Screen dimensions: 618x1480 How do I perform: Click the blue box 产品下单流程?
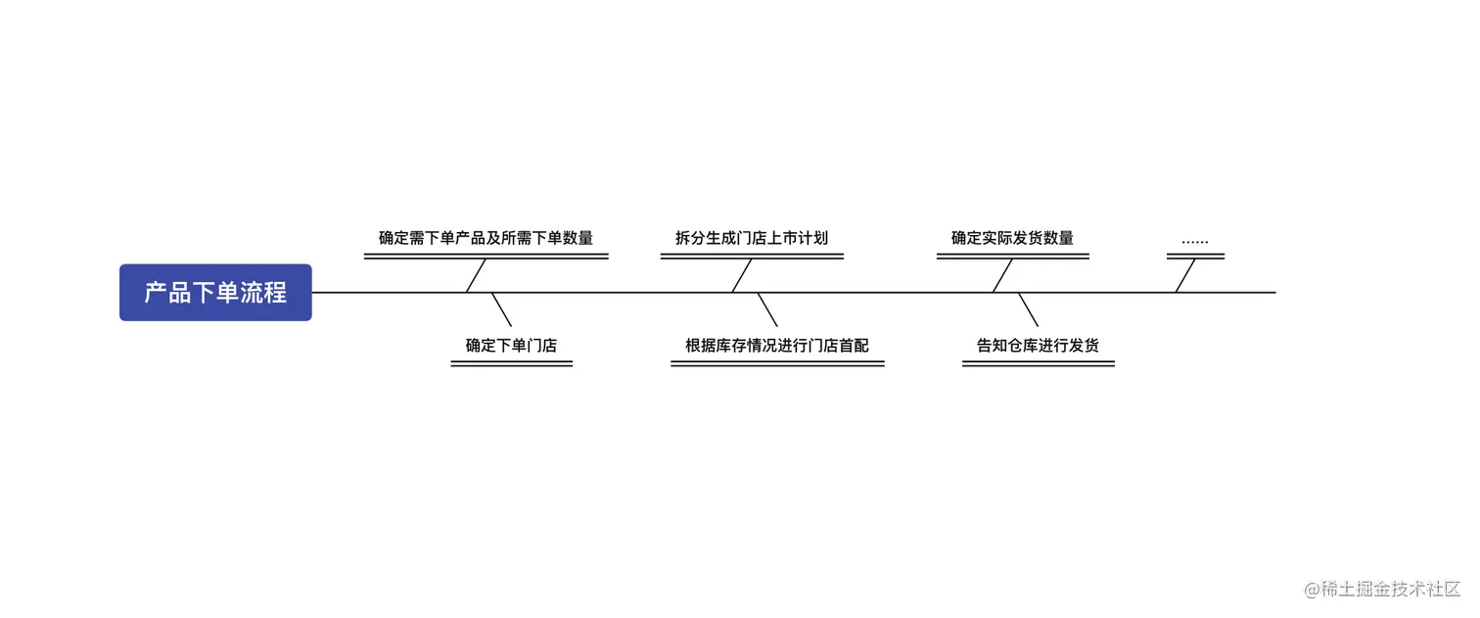(215, 292)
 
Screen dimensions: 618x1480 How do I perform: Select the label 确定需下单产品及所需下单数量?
(486, 238)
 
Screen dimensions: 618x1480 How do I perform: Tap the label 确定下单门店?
(511, 346)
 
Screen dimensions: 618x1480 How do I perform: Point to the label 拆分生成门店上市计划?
(752, 238)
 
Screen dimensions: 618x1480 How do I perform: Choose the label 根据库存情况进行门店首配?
(777, 346)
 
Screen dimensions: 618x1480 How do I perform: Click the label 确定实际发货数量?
(1012, 238)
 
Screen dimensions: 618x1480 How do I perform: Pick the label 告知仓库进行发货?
(1038, 346)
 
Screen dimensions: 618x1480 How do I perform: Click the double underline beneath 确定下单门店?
(511, 363)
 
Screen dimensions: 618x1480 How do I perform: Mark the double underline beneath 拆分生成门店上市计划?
(752, 257)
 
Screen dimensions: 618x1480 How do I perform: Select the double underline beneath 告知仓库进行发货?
(1038, 363)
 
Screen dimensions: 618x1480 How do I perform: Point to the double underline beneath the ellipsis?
(1195, 257)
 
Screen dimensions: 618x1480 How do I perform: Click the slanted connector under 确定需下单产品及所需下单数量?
(477, 275)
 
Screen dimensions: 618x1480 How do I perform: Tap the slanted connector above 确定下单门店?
(501, 309)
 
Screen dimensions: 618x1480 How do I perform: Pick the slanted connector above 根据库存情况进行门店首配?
(767, 309)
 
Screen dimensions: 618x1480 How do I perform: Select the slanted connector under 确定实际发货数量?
(1002, 275)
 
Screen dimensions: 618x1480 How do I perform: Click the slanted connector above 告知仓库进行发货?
(1028, 309)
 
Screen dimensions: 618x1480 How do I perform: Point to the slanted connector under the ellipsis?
(1185, 275)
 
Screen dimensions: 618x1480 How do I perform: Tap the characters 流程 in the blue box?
(263, 292)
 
